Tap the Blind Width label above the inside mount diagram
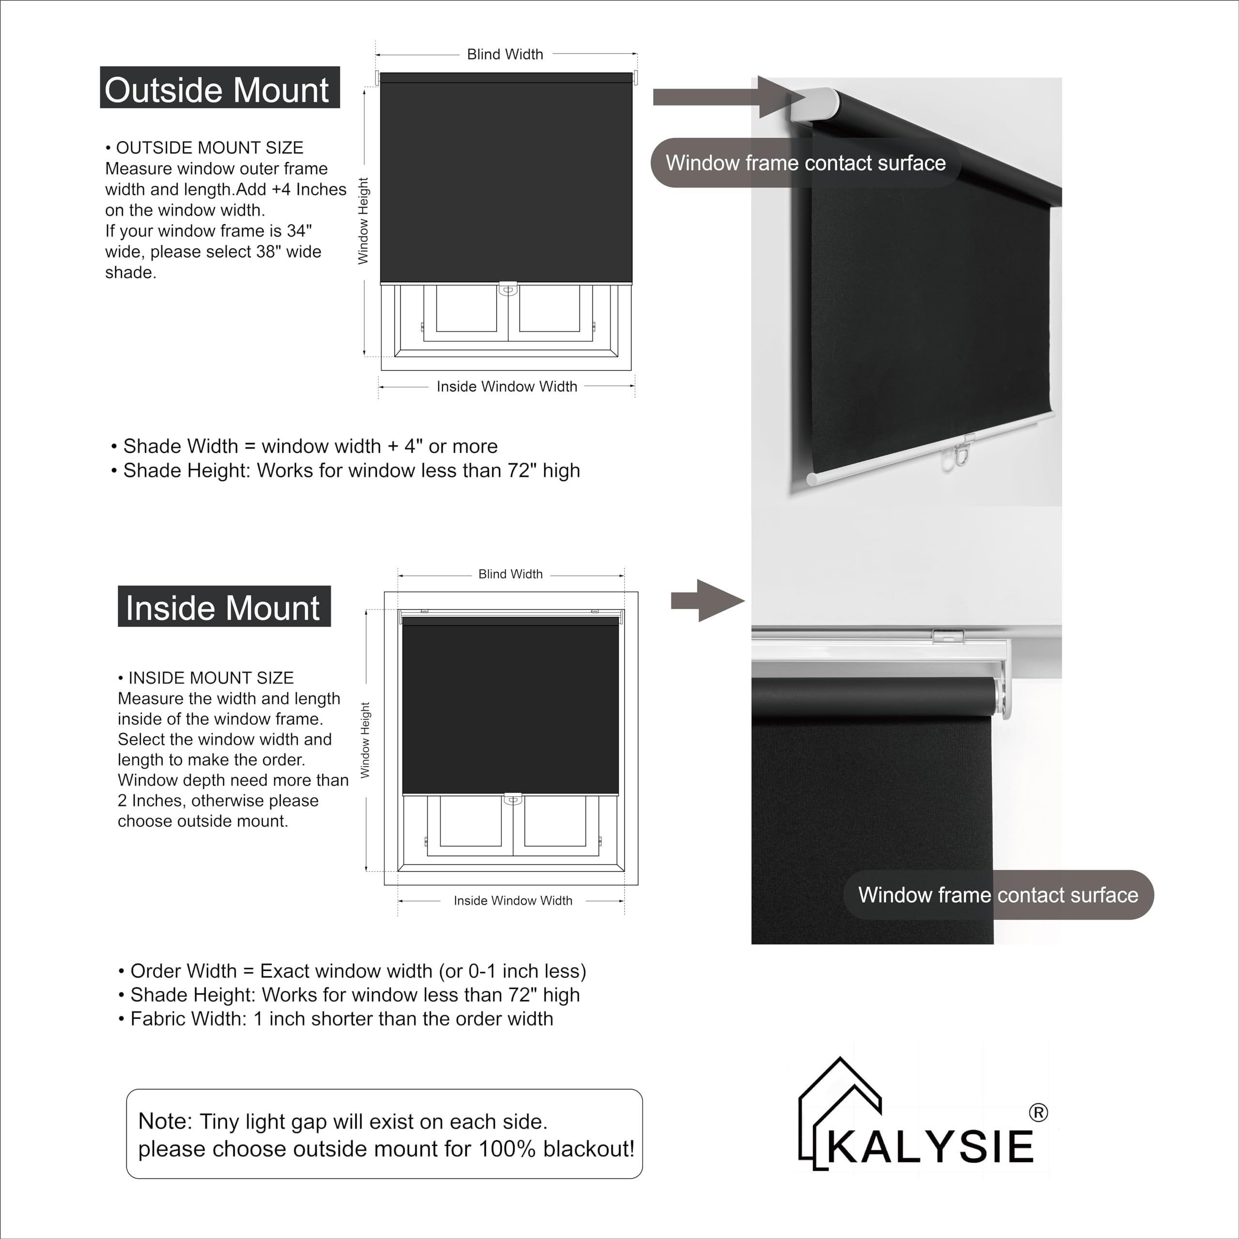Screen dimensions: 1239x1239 click(x=511, y=574)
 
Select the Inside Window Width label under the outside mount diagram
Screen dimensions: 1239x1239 click(x=507, y=387)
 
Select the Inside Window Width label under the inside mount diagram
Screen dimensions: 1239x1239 click(x=513, y=900)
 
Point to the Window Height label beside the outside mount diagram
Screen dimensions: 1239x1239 click(x=363, y=221)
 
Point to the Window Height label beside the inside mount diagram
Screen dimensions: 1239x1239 click(x=365, y=740)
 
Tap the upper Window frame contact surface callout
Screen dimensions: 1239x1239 click(x=805, y=163)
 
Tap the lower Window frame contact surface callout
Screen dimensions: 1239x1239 click(x=998, y=894)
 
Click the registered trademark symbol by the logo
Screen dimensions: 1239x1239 click(x=1038, y=1113)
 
